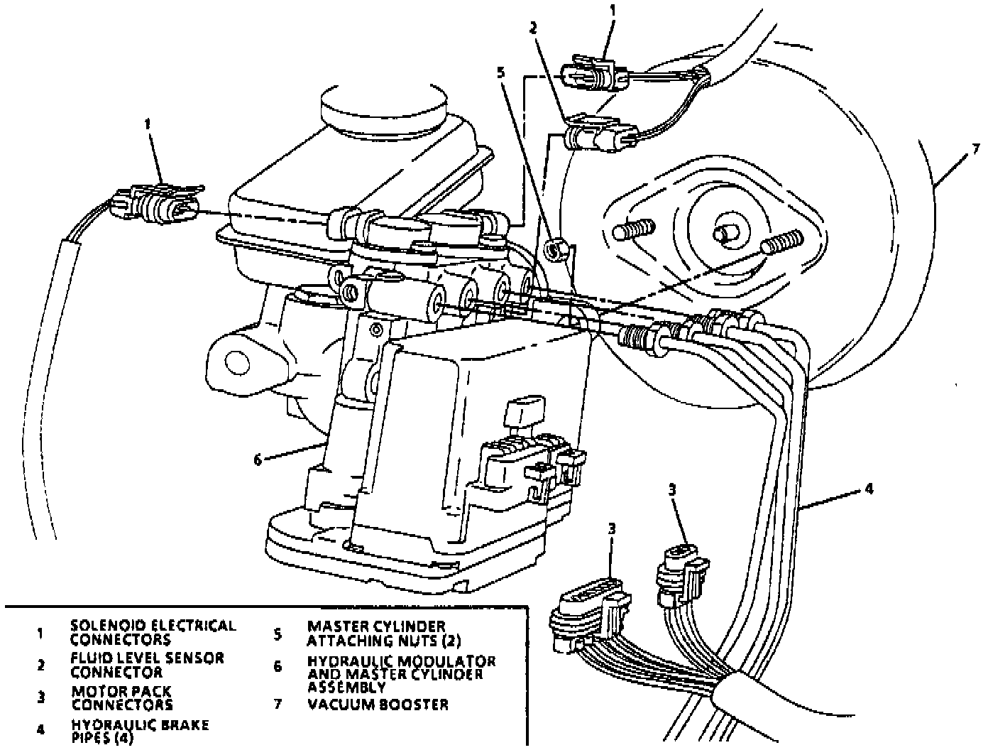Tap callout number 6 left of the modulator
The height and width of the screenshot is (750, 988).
pyautogui.click(x=258, y=459)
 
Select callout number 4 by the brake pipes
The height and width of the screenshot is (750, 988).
pyautogui.click(x=869, y=489)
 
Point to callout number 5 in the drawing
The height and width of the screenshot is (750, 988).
pyautogui.click(x=502, y=72)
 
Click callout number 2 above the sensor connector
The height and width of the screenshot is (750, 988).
pyautogui.click(x=533, y=28)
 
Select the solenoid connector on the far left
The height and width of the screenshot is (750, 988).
pyautogui.click(x=156, y=204)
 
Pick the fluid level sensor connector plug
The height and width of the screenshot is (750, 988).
pyautogui.click(x=598, y=134)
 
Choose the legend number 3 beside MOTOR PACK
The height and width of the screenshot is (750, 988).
pyautogui.click(x=41, y=697)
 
